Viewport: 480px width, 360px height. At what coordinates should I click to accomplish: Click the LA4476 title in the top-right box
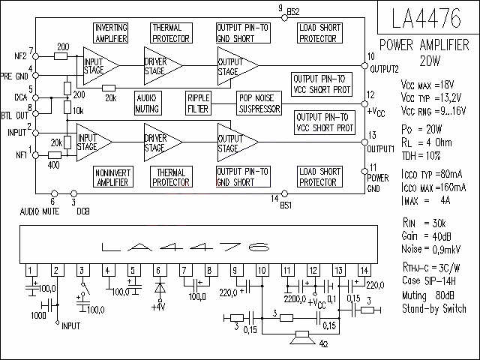[426, 18]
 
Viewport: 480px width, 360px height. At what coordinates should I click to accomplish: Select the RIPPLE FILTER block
[198, 103]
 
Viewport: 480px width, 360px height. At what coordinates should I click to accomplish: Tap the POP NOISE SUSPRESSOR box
[259, 103]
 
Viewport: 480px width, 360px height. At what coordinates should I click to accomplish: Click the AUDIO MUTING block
[148, 103]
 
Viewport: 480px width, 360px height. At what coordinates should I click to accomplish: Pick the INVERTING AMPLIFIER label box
[110, 33]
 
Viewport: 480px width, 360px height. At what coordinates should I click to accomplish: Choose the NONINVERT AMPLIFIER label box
[113, 177]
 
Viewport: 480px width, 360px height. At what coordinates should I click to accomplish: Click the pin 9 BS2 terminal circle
[284, 18]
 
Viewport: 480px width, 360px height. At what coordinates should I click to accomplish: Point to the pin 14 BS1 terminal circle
[284, 193]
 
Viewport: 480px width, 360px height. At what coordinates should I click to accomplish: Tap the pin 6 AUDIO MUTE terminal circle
[54, 193]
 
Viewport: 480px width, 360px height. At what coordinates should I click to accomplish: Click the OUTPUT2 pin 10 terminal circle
[364, 66]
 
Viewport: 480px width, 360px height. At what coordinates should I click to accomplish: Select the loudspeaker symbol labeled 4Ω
[302, 337]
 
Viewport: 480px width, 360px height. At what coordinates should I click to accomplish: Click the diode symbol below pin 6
[160, 287]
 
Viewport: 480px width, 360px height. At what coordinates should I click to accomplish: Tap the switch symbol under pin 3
[85, 288]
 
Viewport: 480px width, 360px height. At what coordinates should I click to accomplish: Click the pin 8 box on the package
[209, 271]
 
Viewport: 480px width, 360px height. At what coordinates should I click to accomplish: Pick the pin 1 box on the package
[31, 271]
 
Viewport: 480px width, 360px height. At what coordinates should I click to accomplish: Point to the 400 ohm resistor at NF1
[55, 155]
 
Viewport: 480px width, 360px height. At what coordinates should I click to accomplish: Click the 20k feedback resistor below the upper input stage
[109, 88]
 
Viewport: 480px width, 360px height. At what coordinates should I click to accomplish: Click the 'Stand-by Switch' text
[434, 308]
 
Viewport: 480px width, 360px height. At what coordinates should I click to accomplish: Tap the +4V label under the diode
[158, 307]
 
